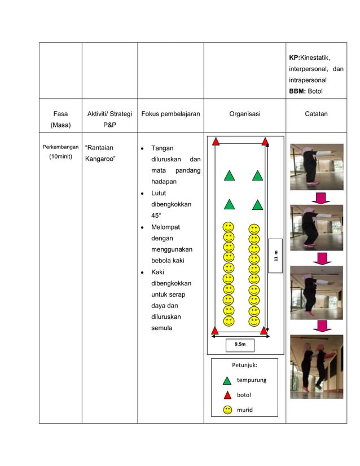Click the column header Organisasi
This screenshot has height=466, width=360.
tap(244, 114)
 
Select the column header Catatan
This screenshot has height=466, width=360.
tap(316, 114)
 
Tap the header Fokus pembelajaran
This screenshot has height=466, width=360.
tap(170, 114)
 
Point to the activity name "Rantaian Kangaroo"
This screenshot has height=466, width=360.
tap(102, 153)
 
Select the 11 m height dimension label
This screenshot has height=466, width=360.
tap(275, 256)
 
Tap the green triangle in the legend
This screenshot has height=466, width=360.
tap(227, 380)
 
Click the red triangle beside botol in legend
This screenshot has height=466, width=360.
tap(227, 395)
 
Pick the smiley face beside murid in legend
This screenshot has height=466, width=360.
tap(227, 410)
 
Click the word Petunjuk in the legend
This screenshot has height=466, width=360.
tap(244, 365)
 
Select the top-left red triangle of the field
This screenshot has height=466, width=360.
tap(216, 141)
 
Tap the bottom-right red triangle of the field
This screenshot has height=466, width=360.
tap(264, 330)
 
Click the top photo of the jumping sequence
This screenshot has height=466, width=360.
tap(316, 166)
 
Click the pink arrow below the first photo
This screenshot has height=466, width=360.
tap(321, 197)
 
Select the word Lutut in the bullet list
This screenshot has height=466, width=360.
tap(159, 193)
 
